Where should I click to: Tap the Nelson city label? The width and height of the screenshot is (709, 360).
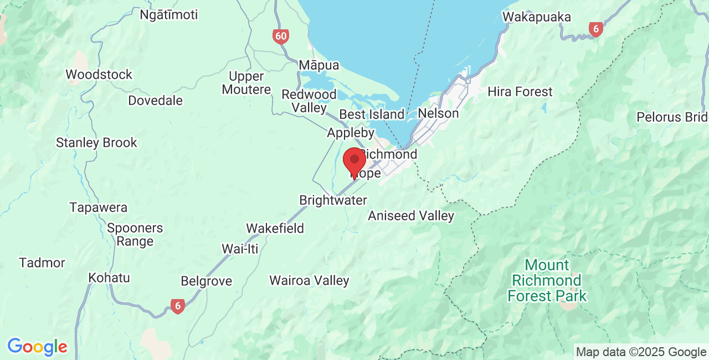(438, 114)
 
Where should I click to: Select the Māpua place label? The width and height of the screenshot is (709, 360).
(318, 65)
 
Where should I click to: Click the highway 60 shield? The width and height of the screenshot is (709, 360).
(281, 37)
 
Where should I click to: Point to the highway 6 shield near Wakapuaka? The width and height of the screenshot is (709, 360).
(595, 29)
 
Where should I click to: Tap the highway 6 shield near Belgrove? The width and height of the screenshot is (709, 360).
(177, 306)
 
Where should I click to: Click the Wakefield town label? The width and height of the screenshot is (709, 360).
(275, 228)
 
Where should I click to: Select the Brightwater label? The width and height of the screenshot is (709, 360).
(333, 200)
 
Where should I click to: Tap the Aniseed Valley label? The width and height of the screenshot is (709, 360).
(411, 216)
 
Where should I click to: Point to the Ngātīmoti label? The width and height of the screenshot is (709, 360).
(168, 15)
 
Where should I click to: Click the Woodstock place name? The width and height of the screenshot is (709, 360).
(99, 74)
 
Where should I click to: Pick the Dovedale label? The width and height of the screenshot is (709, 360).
(155, 101)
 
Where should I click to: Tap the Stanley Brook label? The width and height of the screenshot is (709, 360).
(96, 143)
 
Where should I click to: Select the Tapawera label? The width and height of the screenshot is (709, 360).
(98, 208)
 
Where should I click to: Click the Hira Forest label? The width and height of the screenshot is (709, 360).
(520, 92)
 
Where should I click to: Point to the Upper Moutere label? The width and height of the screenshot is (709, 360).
(246, 83)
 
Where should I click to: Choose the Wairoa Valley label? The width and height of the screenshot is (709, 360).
(309, 281)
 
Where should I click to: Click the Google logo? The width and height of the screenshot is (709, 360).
(37, 347)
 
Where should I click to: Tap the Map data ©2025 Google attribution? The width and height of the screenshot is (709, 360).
(641, 352)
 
